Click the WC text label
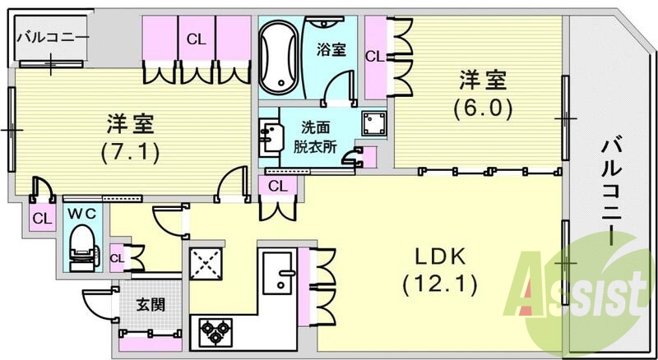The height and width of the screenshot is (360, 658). click(81, 212)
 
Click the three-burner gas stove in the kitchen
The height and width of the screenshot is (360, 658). click(216, 332)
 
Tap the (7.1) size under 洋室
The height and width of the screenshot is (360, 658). click(130, 152)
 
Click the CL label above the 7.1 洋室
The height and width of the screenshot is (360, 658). click(196, 38)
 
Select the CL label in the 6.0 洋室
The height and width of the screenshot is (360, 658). click(374, 57)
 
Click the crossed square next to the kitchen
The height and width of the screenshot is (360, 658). click(207, 263)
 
